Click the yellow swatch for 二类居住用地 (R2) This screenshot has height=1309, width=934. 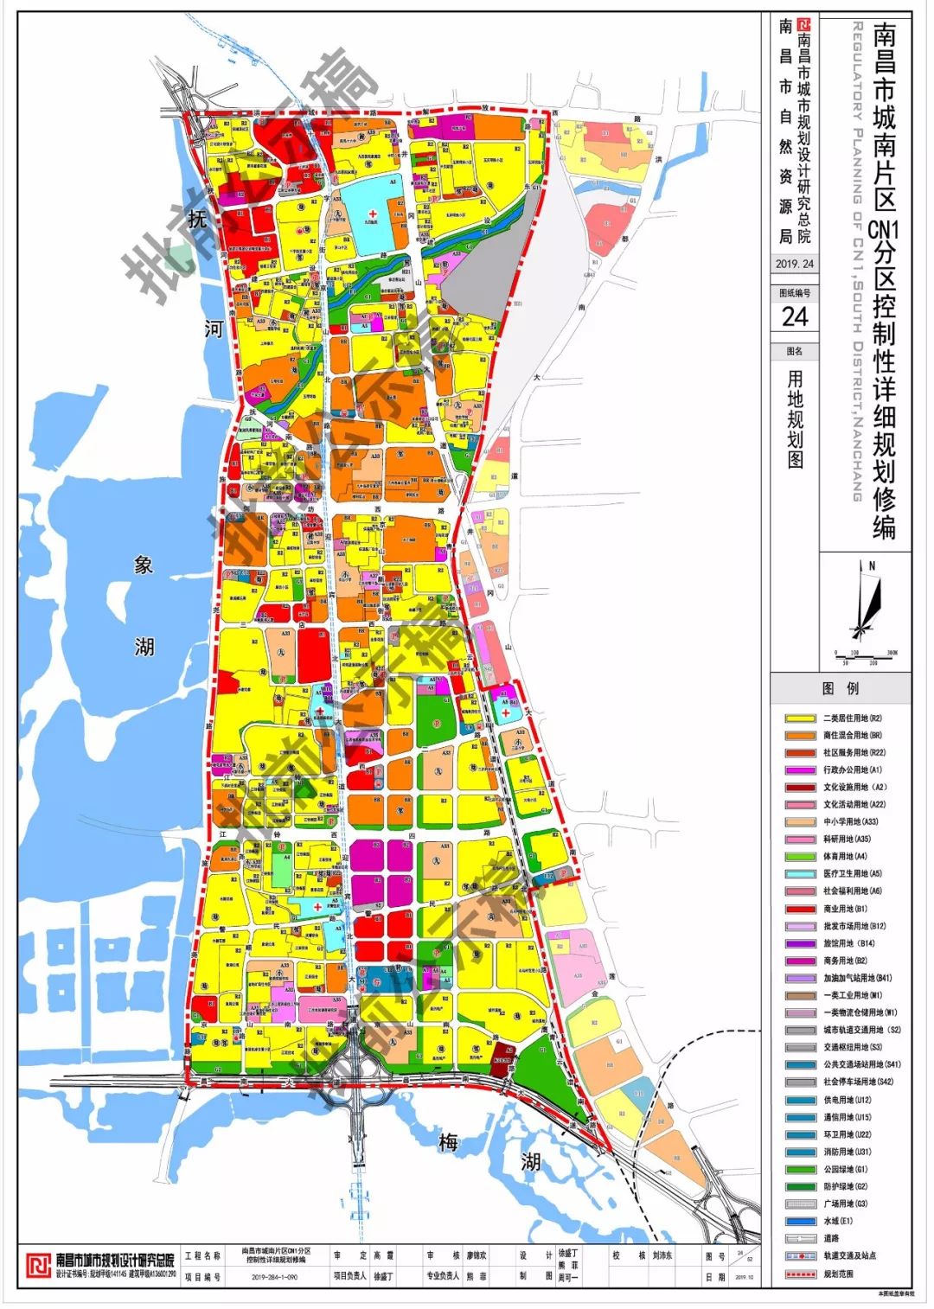[x=800, y=718]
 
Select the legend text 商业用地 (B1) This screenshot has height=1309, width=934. [x=845, y=909]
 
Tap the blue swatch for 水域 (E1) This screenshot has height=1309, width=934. [x=800, y=1222]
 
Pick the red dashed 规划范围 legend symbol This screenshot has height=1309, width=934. [x=800, y=1274]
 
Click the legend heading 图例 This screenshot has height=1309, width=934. [x=840, y=689]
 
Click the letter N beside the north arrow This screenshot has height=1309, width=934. [x=872, y=566]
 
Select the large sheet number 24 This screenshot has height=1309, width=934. [x=794, y=317]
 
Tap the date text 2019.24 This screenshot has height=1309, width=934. [x=794, y=265]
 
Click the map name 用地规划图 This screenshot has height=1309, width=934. [x=795, y=419]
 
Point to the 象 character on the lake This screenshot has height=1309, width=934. [x=144, y=565]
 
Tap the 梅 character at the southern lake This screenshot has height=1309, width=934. [x=447, y=1142]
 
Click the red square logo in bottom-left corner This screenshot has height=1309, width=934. [x=37, y=1265]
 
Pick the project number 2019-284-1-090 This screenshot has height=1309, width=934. [x=274, y=1276]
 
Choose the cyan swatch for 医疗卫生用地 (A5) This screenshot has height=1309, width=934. [x=800, y=874]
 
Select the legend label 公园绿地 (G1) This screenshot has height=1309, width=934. [x=845, y=1170]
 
